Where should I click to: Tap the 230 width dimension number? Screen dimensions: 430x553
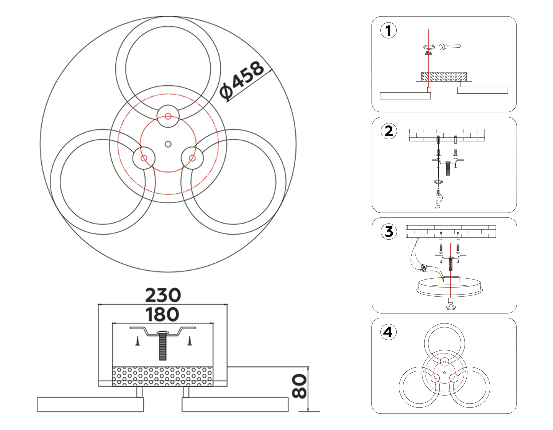(x=163, y=295)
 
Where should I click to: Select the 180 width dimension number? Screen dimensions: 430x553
(x=162, y=315)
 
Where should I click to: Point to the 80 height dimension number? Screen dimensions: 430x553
(x=299, y=386)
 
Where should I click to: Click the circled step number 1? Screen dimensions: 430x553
(x=388, y=31)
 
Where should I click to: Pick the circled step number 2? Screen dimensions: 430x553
(x=389, y=131)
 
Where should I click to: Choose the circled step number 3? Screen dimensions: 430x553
(x=389, y=232)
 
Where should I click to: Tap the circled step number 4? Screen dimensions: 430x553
(x=388, y=332)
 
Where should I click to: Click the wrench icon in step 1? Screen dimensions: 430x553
(x=450, y=47)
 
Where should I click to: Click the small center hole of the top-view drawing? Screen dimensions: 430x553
(x=168, y=144)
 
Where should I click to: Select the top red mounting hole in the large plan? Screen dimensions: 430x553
(x=168, y=116)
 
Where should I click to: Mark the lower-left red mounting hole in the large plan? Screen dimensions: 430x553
(x=144, y=158)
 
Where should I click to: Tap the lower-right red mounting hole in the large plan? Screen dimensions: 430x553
(x=192, y=158)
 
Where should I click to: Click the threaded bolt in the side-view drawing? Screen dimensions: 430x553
(x=163, y=346)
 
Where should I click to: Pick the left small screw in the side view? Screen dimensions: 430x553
(x=138, y=341)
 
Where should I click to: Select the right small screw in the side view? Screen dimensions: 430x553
(x=190, y=341)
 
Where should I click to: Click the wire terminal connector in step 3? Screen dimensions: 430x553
(x=424, y=268)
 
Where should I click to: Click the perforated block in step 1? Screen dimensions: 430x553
(x=444, y=76)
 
